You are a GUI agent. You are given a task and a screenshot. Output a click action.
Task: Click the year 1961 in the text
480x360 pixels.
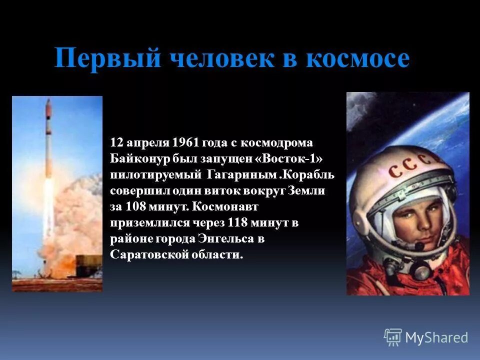[185, 142]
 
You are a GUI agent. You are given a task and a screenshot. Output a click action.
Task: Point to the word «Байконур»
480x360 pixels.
[138, 158]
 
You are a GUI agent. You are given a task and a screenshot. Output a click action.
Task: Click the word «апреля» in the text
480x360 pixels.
[145, 142]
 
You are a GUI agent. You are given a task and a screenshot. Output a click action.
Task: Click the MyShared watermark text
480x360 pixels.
[436, 337]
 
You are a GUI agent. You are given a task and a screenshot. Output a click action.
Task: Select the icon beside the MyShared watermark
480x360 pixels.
[392, 337]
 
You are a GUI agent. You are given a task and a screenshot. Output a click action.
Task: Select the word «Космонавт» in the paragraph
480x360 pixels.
[223, 206]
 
